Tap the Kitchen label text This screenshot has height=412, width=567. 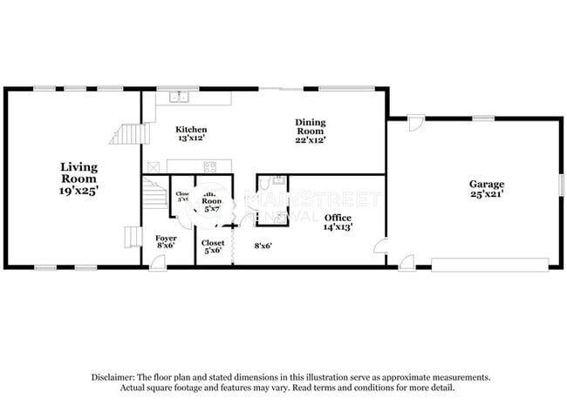pos(190,129)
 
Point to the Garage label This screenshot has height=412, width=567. pos(487,184)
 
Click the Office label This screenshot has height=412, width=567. pos(338,217)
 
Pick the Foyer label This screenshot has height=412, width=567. pos(166,238)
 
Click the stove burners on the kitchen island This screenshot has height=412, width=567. pos(210,166)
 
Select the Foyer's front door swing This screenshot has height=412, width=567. pos(158,261)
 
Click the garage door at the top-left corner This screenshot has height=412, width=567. pos(415,124)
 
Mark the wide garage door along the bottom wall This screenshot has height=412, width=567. pos(489,263)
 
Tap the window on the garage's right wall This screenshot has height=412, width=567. pos(561,186)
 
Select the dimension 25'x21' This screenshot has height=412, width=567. pos(487,195)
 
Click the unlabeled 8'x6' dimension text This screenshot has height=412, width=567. pos(263,246)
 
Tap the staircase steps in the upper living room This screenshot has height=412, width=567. pos(126,133)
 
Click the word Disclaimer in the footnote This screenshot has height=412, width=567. pos(112,377)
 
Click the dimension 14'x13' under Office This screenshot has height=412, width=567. pos(338,227)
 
